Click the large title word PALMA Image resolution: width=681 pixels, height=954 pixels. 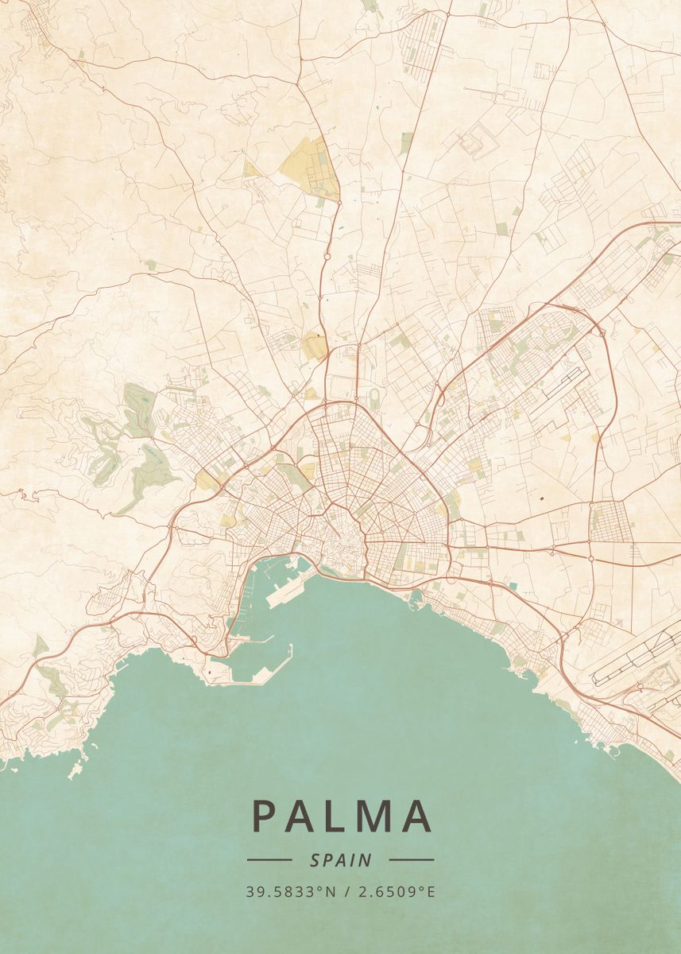click(342, 816)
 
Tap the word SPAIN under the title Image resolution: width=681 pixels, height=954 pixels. click(341, 859)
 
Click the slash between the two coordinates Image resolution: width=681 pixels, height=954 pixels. click(343, 891)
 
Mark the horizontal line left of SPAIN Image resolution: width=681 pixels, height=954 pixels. click(269, 859)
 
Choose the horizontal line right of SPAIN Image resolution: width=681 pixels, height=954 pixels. click(412, 859)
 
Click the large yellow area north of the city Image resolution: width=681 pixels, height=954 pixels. click(310, 167)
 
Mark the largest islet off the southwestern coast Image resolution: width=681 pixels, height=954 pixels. click(77, 770)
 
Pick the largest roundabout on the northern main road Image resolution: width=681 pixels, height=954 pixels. click(327, 257)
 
